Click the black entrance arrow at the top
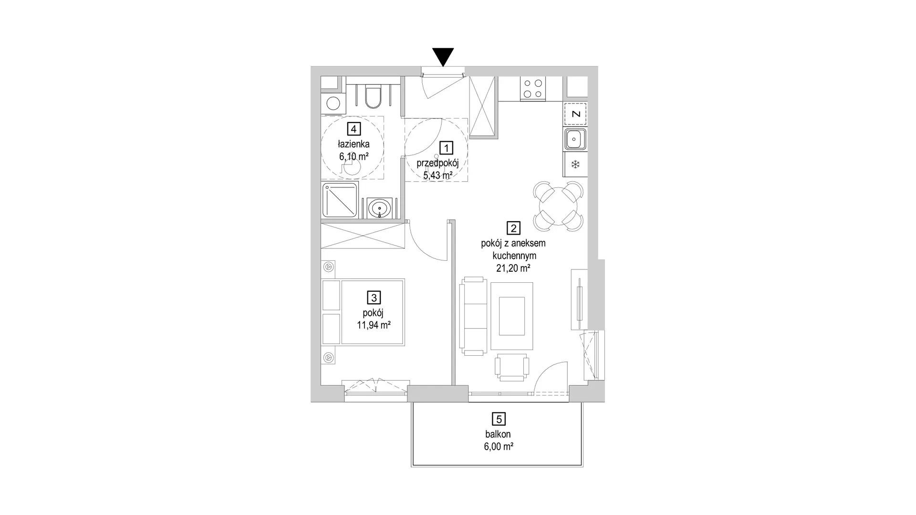(444, 57)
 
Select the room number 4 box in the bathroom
(354, 129)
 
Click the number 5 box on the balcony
(499, 419)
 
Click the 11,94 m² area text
(374, 326)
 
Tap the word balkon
(499, 434)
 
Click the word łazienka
(354, 144)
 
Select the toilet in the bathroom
(372, 98)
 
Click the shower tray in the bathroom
(340, 200)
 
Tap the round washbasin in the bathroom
(380, 208)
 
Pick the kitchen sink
(575, 139)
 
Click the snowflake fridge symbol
(576, 165)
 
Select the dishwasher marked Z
(576, 114)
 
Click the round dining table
(558, 206)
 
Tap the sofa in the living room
(473, 316)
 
